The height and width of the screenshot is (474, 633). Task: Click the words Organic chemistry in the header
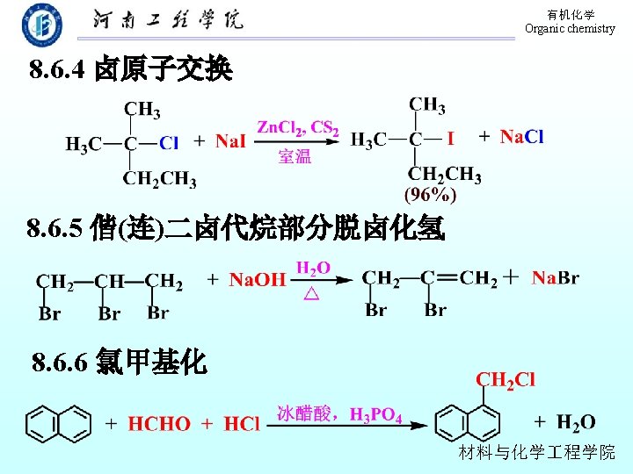570,29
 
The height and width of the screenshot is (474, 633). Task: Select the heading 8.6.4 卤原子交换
130,70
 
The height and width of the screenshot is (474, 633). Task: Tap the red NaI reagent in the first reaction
230,140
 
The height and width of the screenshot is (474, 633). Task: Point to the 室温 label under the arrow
295,157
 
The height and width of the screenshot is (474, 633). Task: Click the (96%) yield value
430,195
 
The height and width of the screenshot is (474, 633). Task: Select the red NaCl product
521,136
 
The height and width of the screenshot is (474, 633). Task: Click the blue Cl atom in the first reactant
168,142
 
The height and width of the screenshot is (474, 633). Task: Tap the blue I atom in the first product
450,139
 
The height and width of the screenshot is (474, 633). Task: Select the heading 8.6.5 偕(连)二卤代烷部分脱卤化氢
236,230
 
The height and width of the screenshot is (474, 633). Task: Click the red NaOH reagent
258,280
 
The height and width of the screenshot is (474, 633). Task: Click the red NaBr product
555,278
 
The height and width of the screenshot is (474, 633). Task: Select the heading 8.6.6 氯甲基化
119,362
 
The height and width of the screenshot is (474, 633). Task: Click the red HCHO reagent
159,424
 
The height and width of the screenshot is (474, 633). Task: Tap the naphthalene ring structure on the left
58,422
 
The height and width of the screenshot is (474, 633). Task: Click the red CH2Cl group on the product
505,380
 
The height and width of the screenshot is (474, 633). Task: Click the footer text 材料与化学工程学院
536,453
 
